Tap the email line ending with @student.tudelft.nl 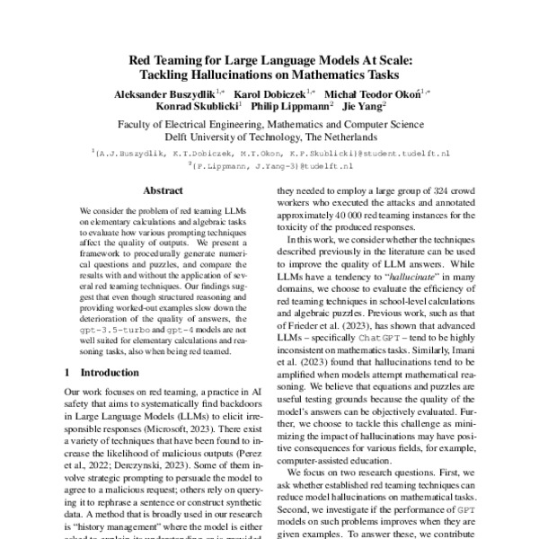(269, 154)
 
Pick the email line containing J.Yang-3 (269, 166)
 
